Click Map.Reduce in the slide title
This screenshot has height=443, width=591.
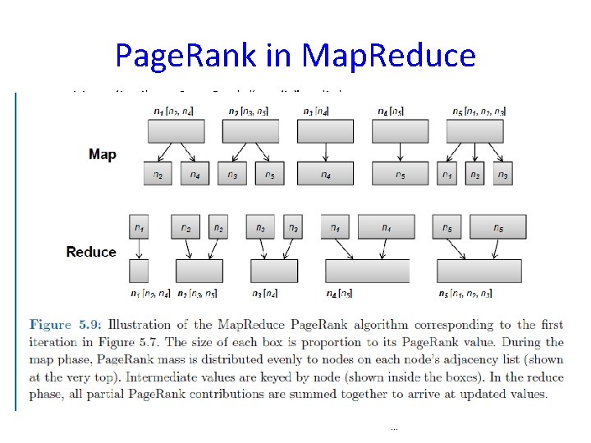(388, 55)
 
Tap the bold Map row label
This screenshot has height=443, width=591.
(103, 154)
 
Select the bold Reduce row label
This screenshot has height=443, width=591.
(91, 252)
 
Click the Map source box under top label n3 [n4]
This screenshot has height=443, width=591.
(325, 131)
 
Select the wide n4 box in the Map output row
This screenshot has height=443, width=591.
(326, 174)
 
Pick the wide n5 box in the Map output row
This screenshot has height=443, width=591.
(399, 174)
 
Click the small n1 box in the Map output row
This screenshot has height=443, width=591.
(447, 174)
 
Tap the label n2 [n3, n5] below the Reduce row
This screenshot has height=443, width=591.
(196, 293)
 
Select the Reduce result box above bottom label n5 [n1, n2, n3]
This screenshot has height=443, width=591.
(480, 271)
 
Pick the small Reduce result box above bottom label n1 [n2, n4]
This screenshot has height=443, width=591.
(140, 270)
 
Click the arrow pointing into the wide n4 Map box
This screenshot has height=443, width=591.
(326, 153)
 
